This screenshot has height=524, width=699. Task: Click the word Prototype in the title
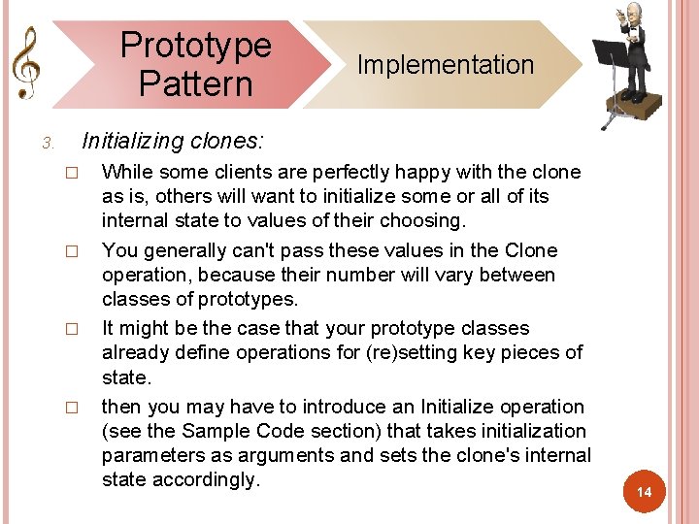point(195,46)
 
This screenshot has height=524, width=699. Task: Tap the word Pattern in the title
point(195,83)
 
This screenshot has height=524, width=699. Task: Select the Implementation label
point(446,65)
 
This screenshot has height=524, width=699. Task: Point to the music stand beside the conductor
point(610,58)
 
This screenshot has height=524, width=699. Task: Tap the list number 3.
point(47,145)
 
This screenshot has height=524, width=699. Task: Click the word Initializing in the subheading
point(132,142)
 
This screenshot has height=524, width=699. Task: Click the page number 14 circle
point(644,493)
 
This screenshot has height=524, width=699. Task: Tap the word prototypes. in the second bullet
point(248,299)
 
